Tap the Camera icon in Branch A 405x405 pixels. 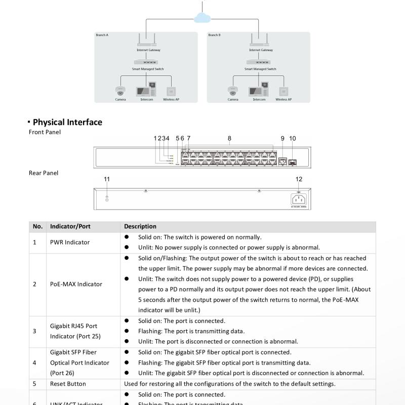pyautogui.click(x=120, y=91)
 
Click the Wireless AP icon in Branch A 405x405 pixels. pyautogui.click(x=171, y=92)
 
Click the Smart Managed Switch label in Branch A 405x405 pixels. pyautogui.click(x=148, y=69)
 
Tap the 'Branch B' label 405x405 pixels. pyautogui.click(x=214, y=35)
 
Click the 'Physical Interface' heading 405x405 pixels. pyautogui.click(x=67, y=122)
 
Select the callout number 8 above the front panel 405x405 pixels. pyautogui.click(x=229, y=138)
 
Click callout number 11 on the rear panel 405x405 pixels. pyautogui.click(x=107, y=179)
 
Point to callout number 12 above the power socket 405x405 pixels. pyautogui.click(x=299, y=179)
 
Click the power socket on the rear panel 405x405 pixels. pyautogui.click(x=299, y=199)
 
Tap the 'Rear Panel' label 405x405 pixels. pyautogui.click(x=44, y=173)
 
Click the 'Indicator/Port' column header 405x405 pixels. pyautogui.click(x=70, y=226)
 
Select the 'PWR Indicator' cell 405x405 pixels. pyautogui.click(x=70, y=242)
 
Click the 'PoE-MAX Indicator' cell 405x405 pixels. pyautogui.click(x=76, y=284)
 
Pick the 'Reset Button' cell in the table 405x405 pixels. pyautogui.click(x=68, y=384)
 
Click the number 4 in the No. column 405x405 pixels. pyautogui.click(x=34, y=362)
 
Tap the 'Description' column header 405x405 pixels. pyautogui.click(x=140, y=226)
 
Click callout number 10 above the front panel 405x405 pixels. pyautogui.click(x=293, y=138)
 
